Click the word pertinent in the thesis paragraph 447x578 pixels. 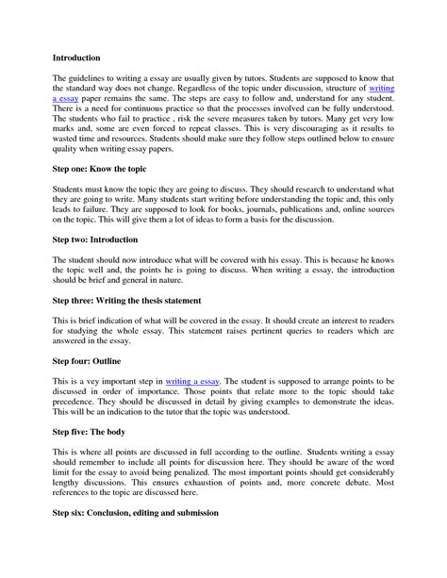click(x=215, y=333)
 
